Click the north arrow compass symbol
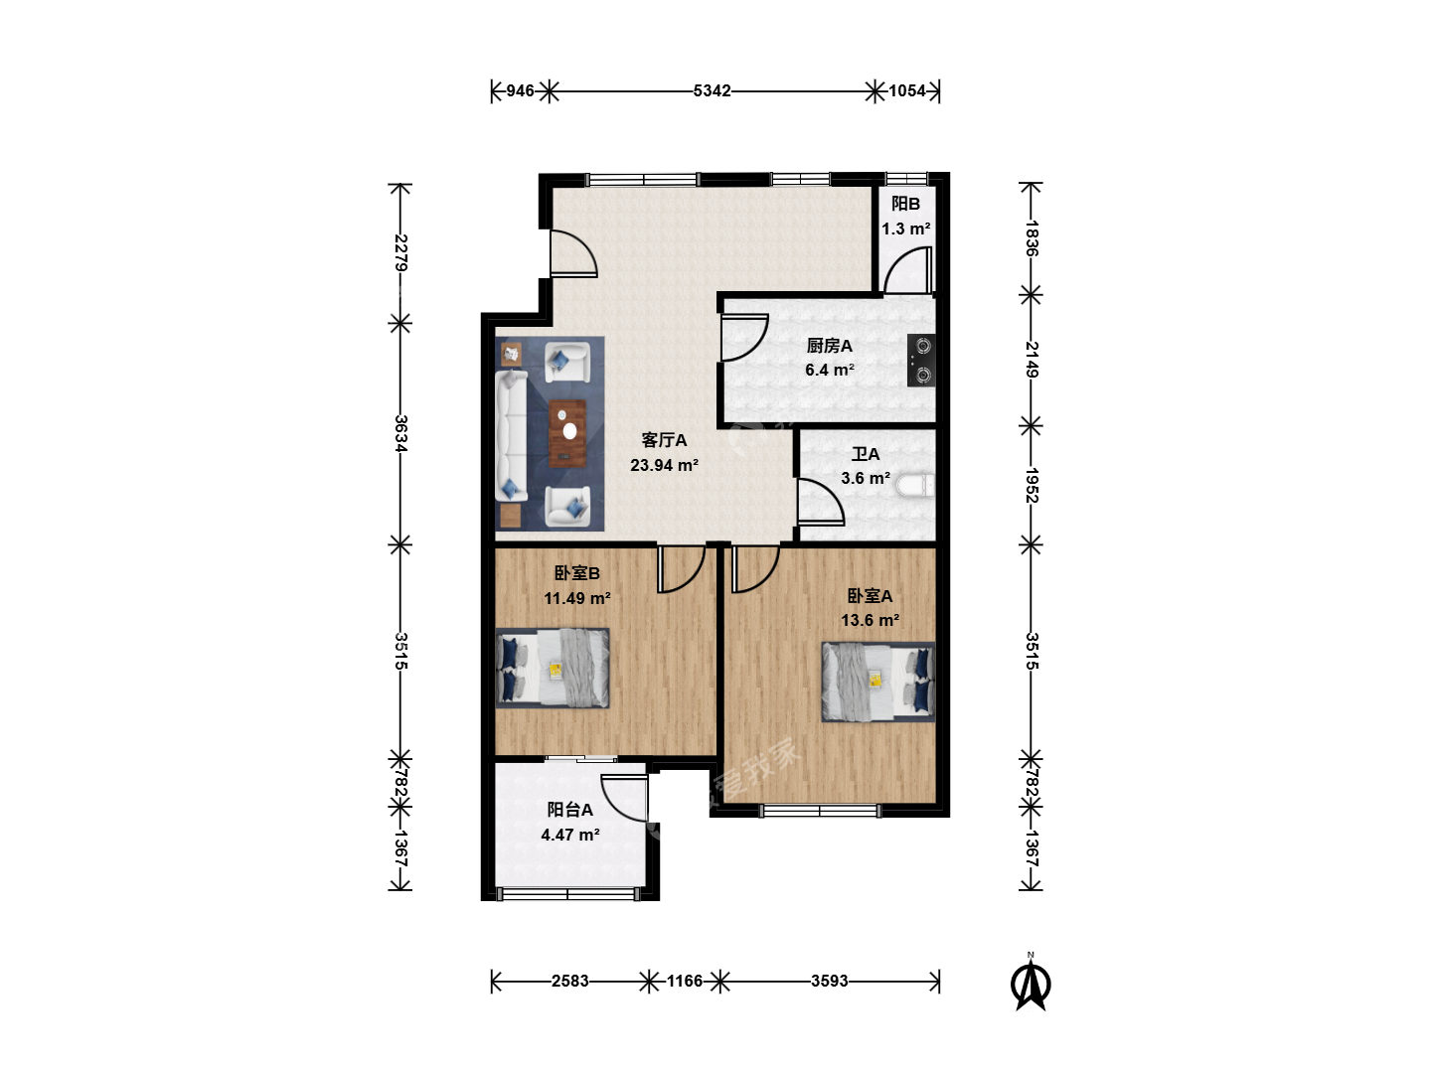coord(1031,983)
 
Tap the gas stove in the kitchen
coord(921,361)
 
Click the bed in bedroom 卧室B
coord(553,668)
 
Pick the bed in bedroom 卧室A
coord(878,683)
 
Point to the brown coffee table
coord(567,433)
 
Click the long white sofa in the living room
coord(512,436)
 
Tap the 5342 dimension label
coord(712,90)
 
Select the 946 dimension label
coord(520,90)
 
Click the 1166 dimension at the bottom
coord(685,982)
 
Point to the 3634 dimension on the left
coord(400,433)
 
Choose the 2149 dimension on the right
coord(1031,360)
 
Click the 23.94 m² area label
coord(665,465)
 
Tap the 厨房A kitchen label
coord(829,346)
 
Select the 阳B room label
coord(905,204)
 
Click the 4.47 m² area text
coord(570,835)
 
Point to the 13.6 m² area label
coord(871,620)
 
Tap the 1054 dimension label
coord(907,90)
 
